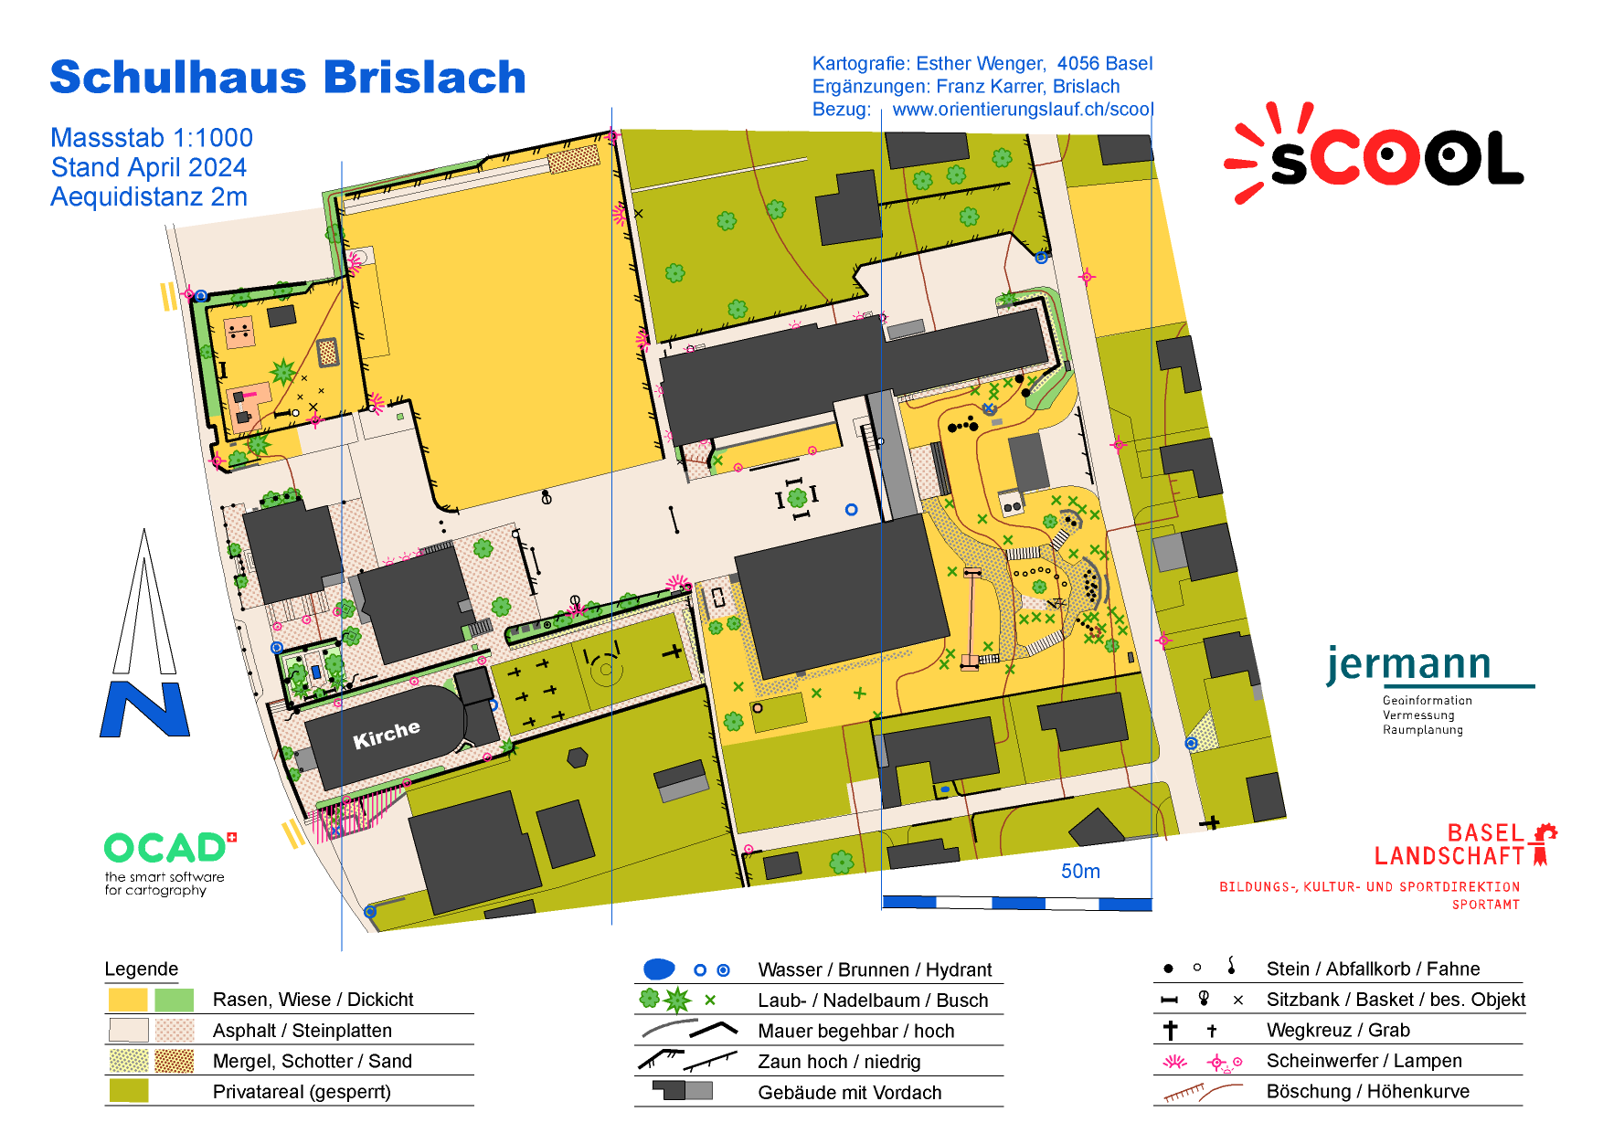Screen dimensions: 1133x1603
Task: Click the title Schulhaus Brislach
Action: tap(288, 78)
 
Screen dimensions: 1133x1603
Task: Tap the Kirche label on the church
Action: tap(387, 734)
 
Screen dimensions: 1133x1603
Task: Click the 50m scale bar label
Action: tap(1080, 872)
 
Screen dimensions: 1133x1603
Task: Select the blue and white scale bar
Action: tap(1016, 903)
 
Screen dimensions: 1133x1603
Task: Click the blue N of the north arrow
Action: tap(144, 709)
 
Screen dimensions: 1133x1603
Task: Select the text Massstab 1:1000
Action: tap(152, 138)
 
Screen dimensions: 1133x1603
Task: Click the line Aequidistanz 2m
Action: tap(149, 197)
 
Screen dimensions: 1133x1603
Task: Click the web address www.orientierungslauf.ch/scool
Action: tap(1023, 110)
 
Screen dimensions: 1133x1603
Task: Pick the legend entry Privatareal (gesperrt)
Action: tap(302, 1092)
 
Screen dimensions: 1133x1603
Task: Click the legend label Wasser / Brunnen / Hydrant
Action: tap(875, 969)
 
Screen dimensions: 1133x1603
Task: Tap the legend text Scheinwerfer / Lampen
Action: tap(1364, 1061)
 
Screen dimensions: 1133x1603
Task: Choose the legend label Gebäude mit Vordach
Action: tap(849, 1093)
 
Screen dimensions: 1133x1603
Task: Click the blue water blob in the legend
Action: tap(659, 969)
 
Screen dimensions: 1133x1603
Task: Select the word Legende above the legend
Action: tap(142, 969)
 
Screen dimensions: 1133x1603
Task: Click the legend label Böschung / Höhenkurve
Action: tap(1367, 1092)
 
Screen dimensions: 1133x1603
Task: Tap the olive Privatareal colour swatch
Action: tap(128, 1091)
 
